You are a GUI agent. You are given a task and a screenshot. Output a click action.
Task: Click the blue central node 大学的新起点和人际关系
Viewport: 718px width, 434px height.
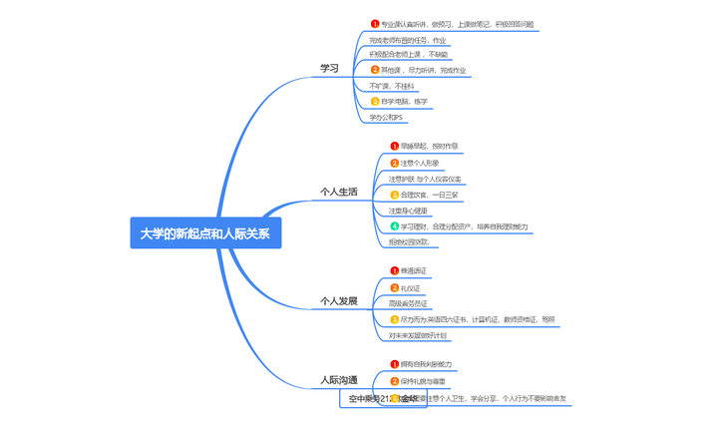click(x=205, y=233)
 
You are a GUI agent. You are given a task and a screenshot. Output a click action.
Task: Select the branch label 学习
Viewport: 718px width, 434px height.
click(x=329, y=69)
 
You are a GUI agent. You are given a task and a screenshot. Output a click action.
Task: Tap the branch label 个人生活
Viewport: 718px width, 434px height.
click(x=338, y=192)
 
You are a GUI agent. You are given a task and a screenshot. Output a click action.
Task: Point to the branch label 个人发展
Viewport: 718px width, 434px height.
click(x=338, y=300)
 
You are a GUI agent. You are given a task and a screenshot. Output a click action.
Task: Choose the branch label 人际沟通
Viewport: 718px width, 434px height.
click(x=338, y=380)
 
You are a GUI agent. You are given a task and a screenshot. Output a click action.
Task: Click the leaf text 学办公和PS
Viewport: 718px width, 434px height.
click(x=387, y=118)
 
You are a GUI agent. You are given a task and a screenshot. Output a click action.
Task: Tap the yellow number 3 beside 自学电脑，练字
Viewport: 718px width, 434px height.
click(x=375, y=102)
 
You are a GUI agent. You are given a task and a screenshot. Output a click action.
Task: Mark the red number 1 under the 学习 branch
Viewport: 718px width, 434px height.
click(x=375, y=24)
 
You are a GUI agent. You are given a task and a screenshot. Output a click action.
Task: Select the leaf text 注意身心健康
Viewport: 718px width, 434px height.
click(x=409, y=211)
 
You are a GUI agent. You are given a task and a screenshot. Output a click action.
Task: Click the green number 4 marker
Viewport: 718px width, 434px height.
click(x=395, y=226)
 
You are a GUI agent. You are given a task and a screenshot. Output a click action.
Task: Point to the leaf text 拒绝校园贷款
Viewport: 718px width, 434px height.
click(x=410, y=241)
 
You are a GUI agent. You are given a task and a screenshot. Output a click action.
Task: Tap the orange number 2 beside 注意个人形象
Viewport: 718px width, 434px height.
click(x=395, y=163)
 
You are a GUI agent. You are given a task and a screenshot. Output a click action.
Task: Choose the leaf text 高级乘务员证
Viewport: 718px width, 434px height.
click(x=409, y=303)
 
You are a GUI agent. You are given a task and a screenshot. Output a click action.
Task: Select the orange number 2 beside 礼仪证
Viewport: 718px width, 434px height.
click(x=395, y=287)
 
